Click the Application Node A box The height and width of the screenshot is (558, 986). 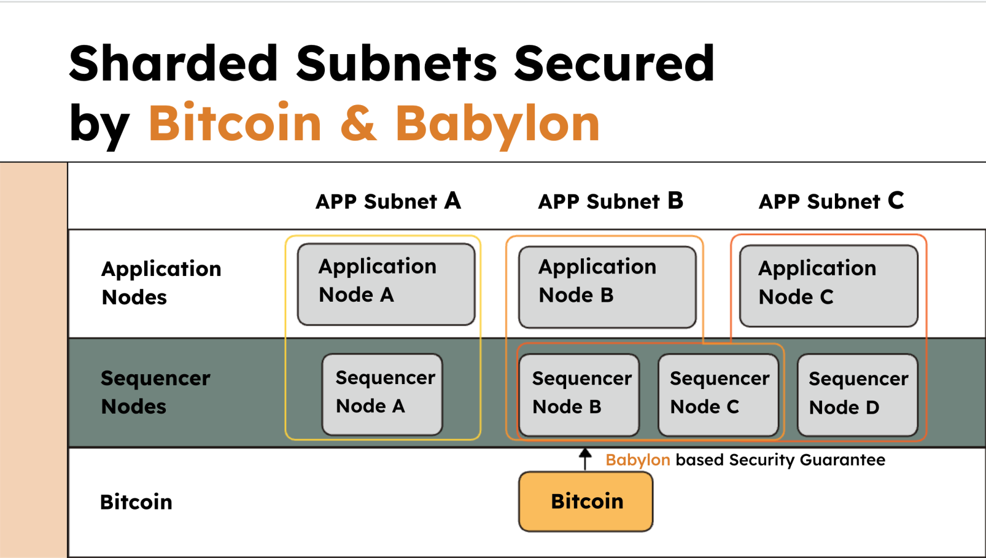(386, 284)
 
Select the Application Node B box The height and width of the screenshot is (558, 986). (607, 286)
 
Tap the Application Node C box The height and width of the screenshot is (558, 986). (828, 286)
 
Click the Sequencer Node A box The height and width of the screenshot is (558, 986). (382, 394)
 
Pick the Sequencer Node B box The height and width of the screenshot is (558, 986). (578, 395)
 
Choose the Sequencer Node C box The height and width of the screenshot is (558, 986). (717, 395)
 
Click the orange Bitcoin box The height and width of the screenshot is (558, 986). (586, 501)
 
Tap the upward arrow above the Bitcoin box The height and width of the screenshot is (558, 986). (585, 458)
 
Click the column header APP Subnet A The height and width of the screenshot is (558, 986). (387, 201)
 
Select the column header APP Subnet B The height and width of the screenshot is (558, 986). (610, 201)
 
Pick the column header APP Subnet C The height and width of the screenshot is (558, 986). (831, 201)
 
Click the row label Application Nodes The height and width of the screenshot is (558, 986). (161, 283)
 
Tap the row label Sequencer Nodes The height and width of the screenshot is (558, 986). (155, 392)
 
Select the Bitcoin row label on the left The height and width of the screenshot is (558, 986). (136, 502)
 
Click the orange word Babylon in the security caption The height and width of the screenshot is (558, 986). (637, 460)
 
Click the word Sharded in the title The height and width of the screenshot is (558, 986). (174, 64)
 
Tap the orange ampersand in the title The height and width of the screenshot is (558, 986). (358, 123)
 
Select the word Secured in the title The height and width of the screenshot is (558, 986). (614, 64)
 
